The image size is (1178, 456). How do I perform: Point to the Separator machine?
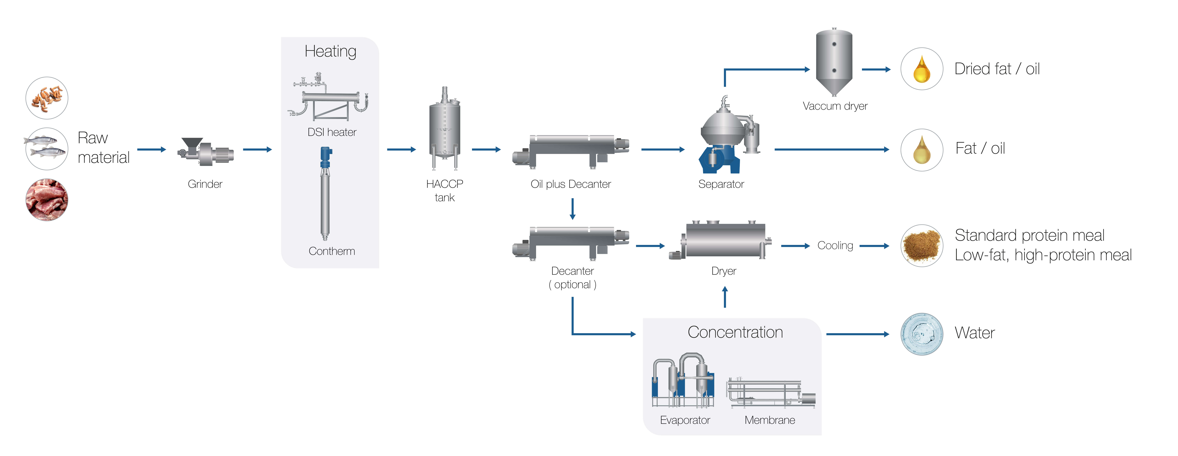click(727, 137)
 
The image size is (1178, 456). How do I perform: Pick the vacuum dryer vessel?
click(834, 62)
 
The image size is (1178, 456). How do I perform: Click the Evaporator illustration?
click(683, 380)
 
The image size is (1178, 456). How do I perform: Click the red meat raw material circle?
click(47, 200)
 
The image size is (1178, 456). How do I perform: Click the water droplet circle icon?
click(921, 334)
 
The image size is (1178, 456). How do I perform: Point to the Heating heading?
click(330, 51)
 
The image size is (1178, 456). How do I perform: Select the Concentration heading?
click(735, 332)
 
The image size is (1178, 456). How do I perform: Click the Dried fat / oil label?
click(997, 69)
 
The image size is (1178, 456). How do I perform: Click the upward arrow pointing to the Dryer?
click(725, 297)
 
